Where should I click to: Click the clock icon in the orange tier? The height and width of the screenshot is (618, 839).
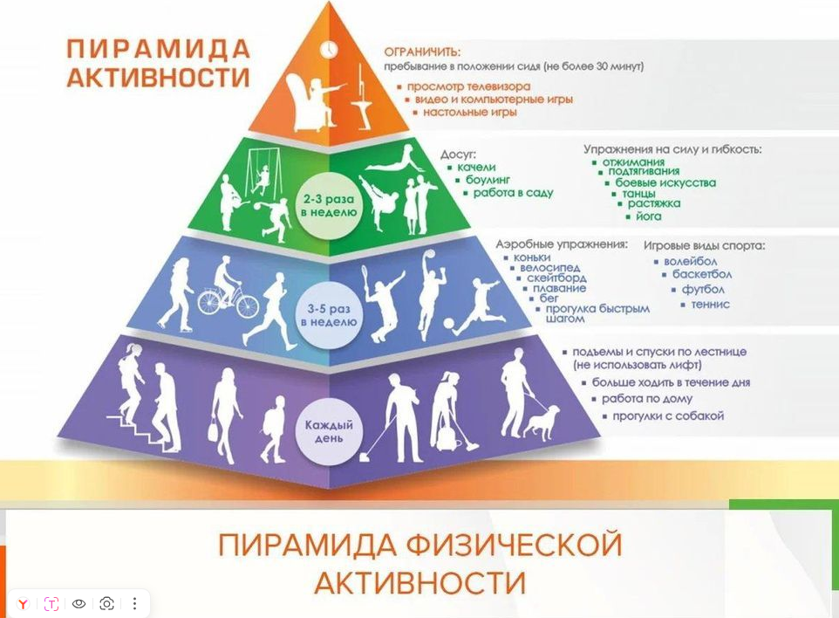click(x=329, y=49)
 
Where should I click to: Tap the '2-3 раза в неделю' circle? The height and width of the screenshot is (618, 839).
click(x=329, y=206)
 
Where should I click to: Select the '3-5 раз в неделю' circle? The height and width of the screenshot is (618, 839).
click(x=329, y=315)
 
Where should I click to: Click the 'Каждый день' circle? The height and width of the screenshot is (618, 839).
click(x=329, y=431)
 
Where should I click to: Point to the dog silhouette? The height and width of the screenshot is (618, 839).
click(x=542, y=422)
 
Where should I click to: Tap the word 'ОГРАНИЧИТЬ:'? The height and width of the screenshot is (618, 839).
click(x=422, y=52)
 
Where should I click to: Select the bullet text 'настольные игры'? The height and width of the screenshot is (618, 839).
click(x=470, y=113)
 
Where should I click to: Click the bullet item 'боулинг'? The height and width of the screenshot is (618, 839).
click(x=488, y=180)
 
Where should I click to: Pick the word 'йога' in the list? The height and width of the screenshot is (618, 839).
click(x=649, y=216)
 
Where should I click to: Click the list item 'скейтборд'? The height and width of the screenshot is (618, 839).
click(x=556, y=278)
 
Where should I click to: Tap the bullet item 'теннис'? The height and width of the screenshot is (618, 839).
click(x=710, y=304)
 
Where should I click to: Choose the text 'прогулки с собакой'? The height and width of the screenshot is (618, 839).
click(x=668, y=416)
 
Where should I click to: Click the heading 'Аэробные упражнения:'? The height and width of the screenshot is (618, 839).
click(x=562, y=244)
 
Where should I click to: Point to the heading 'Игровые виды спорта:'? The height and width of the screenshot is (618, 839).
click(x=704, y=246)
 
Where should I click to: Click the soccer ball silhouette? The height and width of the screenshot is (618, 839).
click(x=448, y=324)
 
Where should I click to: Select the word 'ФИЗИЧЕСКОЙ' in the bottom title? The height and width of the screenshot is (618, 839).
click(x=514, y=546)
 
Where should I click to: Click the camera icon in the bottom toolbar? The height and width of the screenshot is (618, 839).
click(x=106, y=603)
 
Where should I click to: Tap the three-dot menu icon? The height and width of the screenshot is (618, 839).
click(x=134, y=603)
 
